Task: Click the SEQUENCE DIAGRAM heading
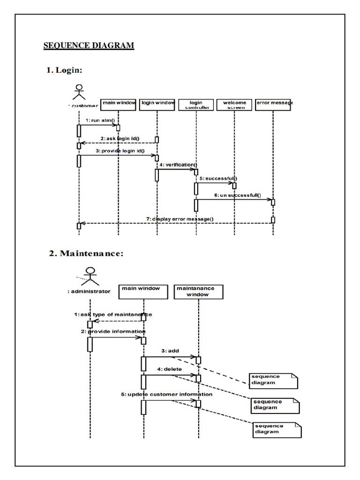(x=89, y=45)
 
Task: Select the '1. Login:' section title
(x=64, y=70)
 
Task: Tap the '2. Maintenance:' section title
(x=86, y=254)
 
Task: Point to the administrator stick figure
(x=90, y=275)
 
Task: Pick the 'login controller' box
(x=196, y=104)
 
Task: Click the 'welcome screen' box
(x=234, y=104)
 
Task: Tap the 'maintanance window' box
(x=198, y=291)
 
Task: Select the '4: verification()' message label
(x=178, y=165)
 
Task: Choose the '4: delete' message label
(x=169, y=369)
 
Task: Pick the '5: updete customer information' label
(x=166, y=394)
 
